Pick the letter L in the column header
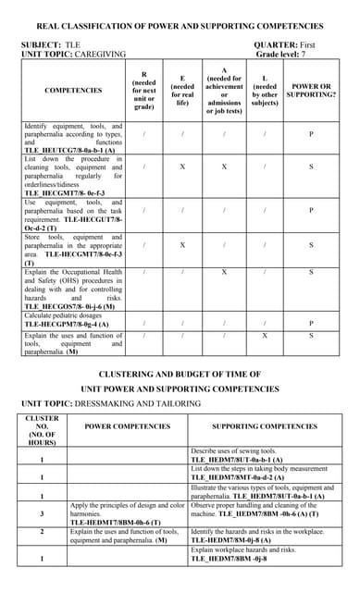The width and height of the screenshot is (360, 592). pos(265,77)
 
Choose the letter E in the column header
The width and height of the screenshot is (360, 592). pos(183,77)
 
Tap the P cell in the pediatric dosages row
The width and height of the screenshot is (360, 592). pos(311,324)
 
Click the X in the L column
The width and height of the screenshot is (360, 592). pos(265,336)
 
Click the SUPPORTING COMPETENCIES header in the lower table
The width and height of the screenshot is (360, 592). pos(262,426)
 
